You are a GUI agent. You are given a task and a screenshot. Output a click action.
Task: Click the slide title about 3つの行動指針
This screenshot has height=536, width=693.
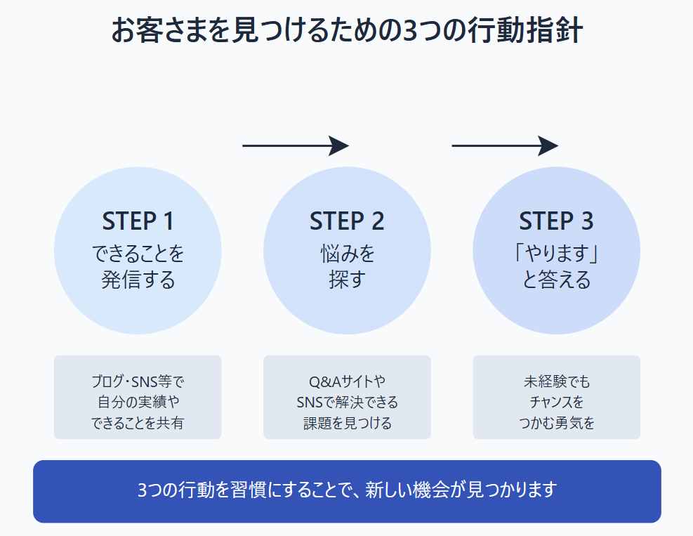(x=347, y=32)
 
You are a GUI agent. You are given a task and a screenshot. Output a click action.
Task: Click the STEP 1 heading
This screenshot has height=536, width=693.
(x=138, y=221)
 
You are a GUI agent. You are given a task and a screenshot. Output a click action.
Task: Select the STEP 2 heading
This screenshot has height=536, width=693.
(x=347, y=221)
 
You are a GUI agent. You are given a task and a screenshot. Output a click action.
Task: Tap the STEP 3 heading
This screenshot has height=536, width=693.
(x=556, y=221)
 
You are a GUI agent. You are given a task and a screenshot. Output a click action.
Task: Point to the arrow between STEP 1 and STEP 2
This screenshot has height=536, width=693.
(x=296, y=145)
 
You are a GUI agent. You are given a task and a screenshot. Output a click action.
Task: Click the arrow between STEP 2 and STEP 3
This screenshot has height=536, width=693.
(x=505, y=145)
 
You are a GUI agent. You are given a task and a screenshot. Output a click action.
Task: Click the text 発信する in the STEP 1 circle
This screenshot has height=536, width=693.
(x=138, y=280)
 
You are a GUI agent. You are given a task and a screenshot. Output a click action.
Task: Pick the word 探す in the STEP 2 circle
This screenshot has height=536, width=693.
(x=347, y=280)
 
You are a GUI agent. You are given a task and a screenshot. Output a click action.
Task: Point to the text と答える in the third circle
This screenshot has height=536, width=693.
(x=556, y=280)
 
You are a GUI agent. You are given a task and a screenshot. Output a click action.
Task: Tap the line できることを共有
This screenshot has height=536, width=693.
(x=138, y=423)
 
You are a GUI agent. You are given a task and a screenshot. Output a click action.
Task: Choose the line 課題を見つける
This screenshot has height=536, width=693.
(x=347, y=423)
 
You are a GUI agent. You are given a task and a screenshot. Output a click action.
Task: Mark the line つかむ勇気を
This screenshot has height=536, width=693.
(x=556, y=423)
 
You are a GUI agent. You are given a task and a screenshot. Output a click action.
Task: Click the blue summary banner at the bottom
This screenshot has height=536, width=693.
(x=347, y=491)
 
